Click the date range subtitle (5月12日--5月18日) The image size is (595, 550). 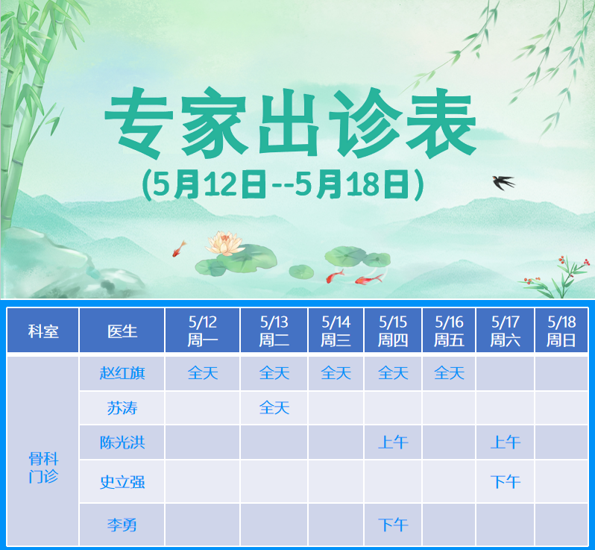(283, 184)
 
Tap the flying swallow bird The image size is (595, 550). (503, 181)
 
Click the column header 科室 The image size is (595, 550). (42, 331)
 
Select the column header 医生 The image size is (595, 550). (122, 331)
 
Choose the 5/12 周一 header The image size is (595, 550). (202, 331)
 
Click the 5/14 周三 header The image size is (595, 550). (336, 331)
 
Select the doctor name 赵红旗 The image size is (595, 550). (122, 372)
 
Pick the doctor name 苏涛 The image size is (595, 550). (122, 408)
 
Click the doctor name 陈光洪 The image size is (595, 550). (122, 443)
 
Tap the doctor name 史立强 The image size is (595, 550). (122, 481)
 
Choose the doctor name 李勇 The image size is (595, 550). (122, 525)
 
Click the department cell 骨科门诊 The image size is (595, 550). (42, 467)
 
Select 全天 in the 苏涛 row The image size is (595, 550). (274, 408)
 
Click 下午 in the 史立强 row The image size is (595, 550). (505, 481)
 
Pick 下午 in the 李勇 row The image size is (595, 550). (393, 525)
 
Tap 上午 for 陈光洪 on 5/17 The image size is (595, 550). (505, 443)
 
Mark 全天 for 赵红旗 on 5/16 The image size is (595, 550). (449, 372)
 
